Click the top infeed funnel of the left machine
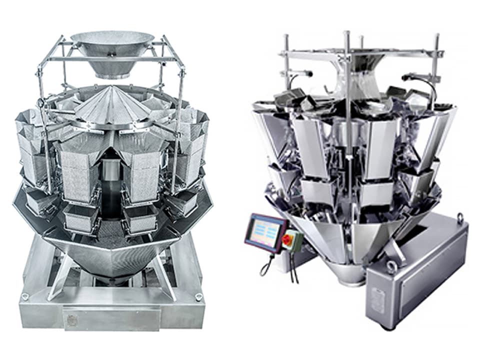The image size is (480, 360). tap(112, 50)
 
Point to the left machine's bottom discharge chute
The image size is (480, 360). tap(111, 260)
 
